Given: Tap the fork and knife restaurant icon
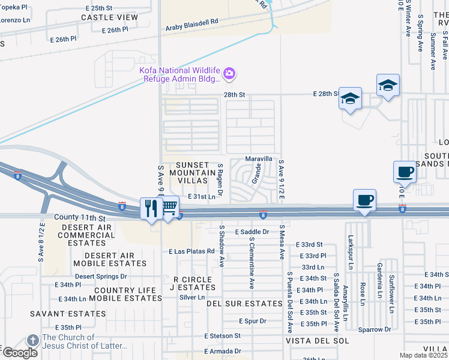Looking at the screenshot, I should tap(150, 208).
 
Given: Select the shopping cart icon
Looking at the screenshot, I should tap(169, 208).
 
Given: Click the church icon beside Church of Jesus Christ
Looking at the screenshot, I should tap(34, 338).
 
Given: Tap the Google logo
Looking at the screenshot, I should tap(20, 352).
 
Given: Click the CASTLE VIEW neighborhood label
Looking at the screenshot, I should tap(109, 17).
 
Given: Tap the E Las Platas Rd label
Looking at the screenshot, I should tap(191, 251).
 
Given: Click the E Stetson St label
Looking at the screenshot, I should tap(222, 336).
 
